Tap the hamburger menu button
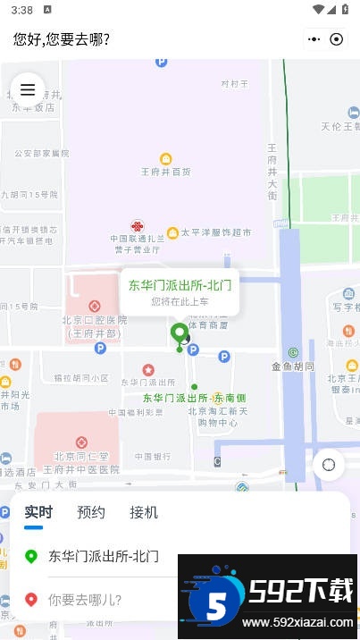click(28, 89)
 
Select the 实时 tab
click(38, 512)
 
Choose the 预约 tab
click(91, 512)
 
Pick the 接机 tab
click(144, 512)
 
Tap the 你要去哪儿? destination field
click(85, 600)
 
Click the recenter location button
click(329, 464)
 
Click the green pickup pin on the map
click(180, 334)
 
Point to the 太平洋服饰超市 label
click(216, 232)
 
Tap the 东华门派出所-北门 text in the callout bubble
click(180, 286)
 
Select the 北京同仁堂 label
click(81, 456)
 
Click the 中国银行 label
click(153, 457)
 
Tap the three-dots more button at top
click(314, 39)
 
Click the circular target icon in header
click(337, 39)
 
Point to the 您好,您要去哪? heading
click(62, 39)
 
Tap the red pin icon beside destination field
click(31, 600)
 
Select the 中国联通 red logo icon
click(137, 227)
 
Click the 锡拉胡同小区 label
click(80, 379)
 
